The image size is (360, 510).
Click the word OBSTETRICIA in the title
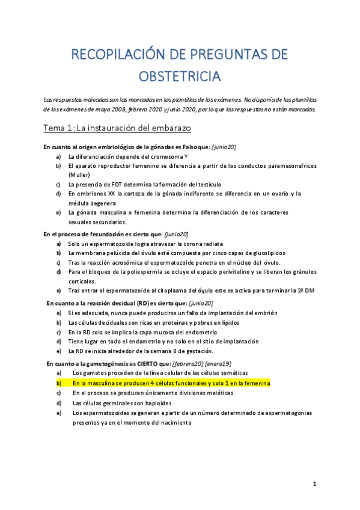180,76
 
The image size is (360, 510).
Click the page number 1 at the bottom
314,484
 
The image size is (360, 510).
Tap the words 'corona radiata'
201,244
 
